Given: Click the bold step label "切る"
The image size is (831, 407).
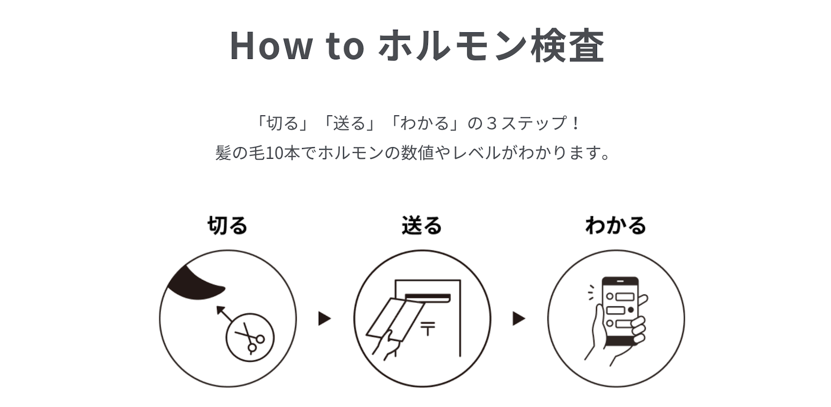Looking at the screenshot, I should (x=228, y=226).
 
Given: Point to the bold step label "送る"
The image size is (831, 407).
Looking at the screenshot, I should (x=422, y=226).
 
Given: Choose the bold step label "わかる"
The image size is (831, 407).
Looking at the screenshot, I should (x=616, y=226).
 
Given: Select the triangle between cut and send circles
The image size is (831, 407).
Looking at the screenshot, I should (x=324, y=319).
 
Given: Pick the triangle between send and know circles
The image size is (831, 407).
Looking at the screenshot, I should (x=518, y=319).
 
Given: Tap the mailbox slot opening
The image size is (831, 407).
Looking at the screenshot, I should (x=428, y=297).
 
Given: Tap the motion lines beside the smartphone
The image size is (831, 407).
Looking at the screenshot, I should (x=591, y=292).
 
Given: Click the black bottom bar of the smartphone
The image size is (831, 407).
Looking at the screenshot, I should (x=620, y=341).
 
